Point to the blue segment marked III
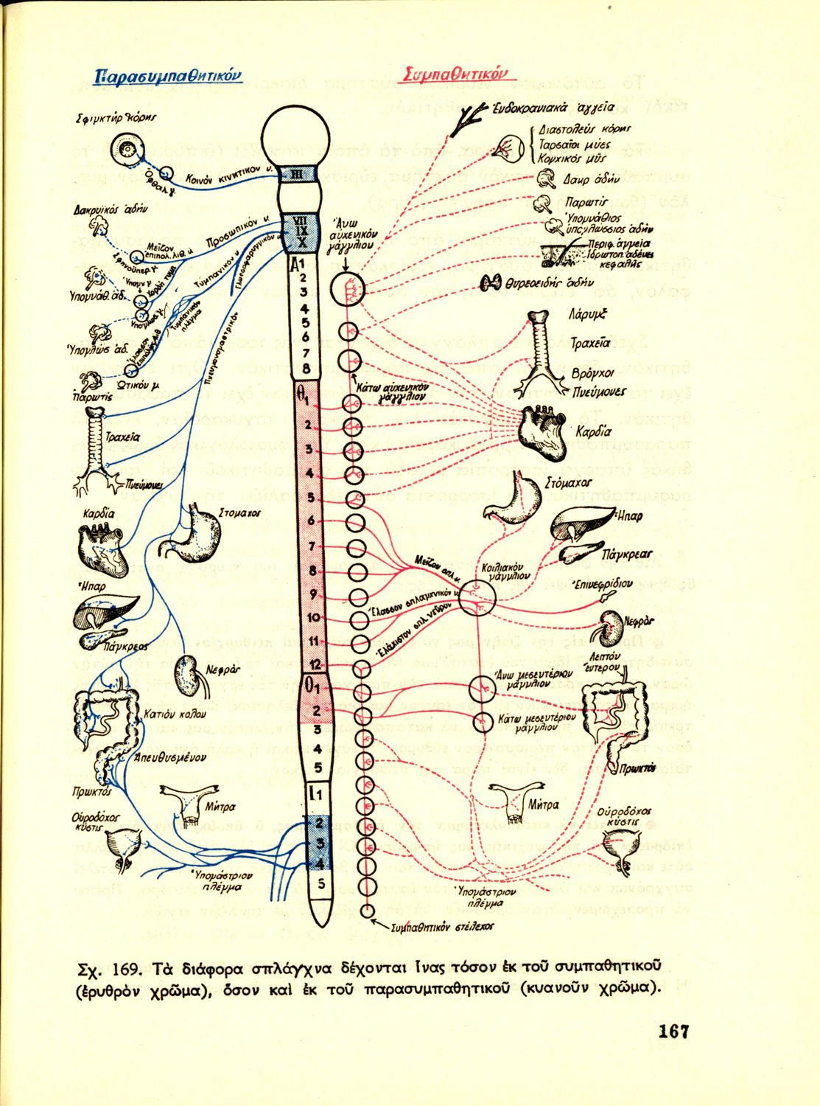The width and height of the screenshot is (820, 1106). (x=297, y=174)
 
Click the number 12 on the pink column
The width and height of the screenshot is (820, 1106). (x=313, y=664)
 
